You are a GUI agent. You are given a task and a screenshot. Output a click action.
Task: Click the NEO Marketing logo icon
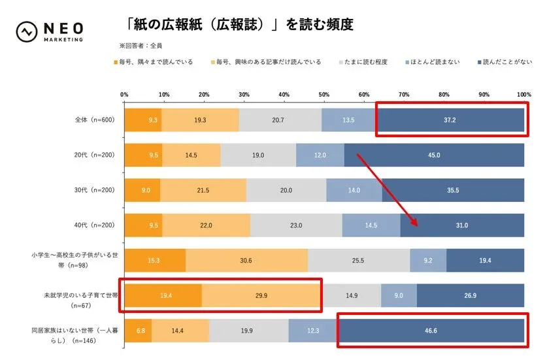(x=27, y=31)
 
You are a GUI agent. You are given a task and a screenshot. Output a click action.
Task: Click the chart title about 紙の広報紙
(x=239, y=25)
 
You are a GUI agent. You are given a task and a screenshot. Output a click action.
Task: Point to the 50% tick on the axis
(x=324, y=95)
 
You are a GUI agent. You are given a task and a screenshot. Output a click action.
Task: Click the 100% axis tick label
(x=523, y=95)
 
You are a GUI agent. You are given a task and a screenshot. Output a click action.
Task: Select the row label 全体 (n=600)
(x=95, y=120)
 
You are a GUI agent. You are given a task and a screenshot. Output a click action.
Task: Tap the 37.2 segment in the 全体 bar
(x=451, y=120)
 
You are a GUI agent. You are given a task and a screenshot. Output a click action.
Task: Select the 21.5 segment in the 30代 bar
(x=203, y=190)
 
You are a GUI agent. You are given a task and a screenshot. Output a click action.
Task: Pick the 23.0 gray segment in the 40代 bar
(x=296, y=225)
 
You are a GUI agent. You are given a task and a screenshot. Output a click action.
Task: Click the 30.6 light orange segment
(x=246, y=260)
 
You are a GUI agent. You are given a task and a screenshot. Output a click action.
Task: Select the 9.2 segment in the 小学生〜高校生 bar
(x=428, y=260)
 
